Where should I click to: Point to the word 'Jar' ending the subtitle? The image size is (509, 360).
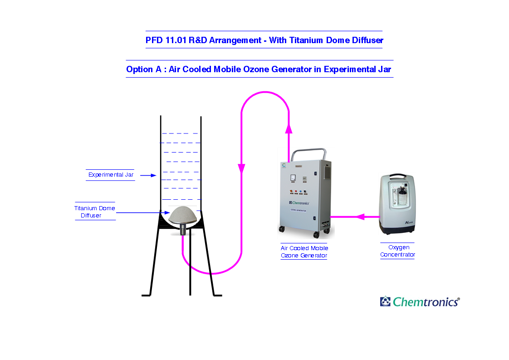click(x=384, y=69)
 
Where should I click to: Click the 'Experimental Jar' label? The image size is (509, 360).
click(x=111, y=175)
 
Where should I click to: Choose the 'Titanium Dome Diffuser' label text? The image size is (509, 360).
click(x=95, y=212)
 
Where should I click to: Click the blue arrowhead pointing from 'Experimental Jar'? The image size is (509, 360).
click(x=153, y=175)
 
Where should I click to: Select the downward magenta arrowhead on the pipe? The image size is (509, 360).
click(x=241, y=168)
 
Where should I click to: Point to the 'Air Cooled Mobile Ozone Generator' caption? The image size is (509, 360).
click(x=304, y=252)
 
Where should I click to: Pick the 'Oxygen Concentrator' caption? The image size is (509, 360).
click(x=398, y=251)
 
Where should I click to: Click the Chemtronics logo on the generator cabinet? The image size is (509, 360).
click(x=299, y=202)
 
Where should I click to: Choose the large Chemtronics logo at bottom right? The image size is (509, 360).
click(x=420, y=301)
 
